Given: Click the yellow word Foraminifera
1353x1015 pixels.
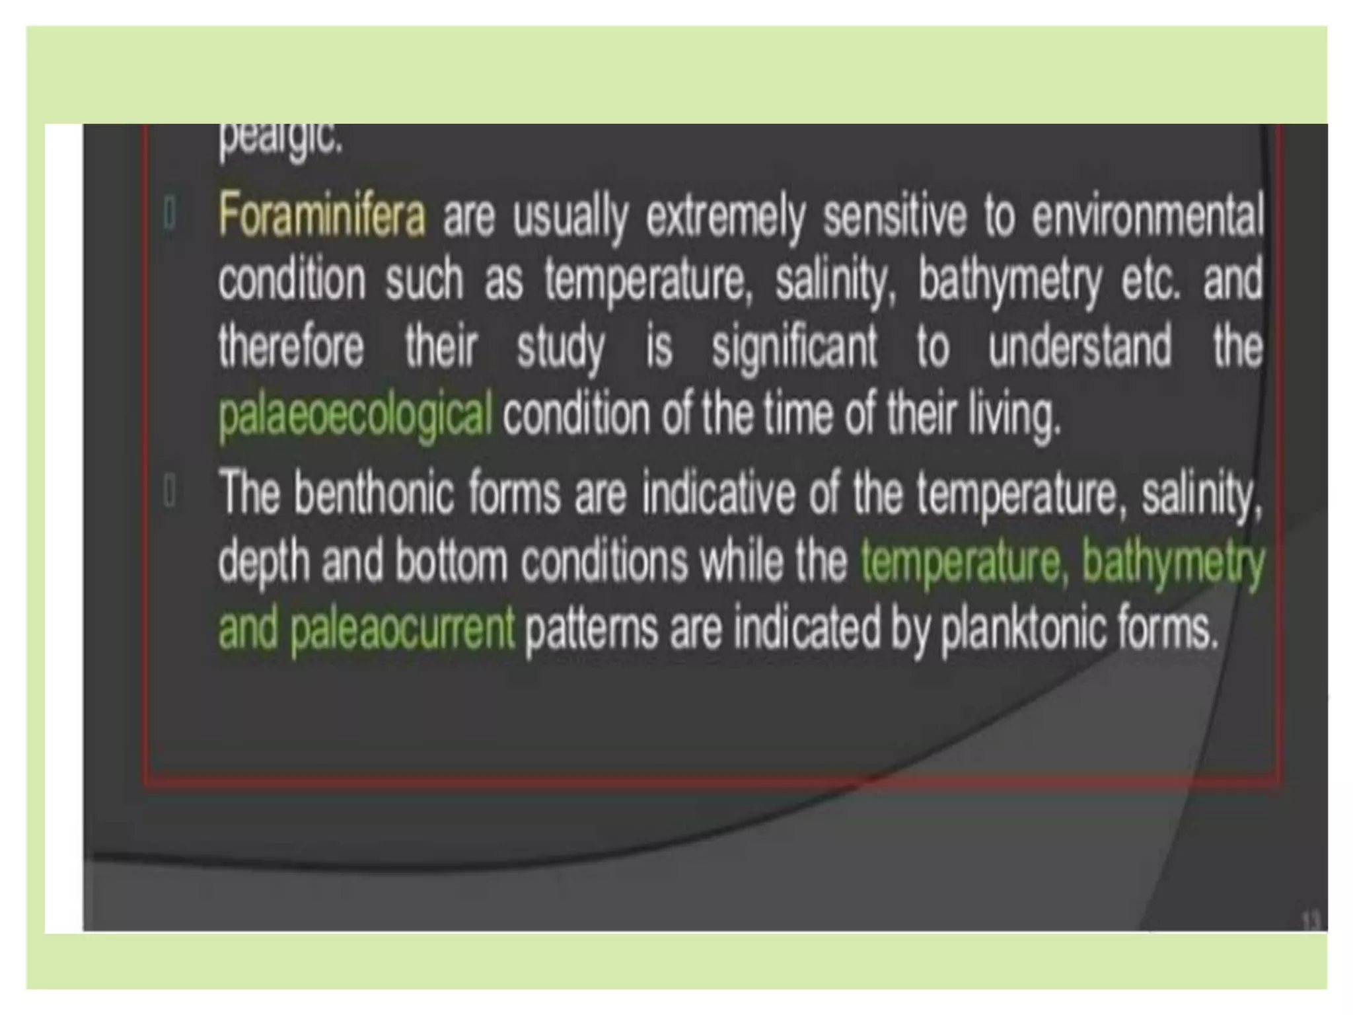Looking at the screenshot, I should point(322,214).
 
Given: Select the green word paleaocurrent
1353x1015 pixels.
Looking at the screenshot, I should point(402,627).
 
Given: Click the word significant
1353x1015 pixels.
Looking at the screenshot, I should point(794,346).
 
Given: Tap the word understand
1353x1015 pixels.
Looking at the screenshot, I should point(1079,346).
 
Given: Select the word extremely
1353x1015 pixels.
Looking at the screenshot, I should point(725,214).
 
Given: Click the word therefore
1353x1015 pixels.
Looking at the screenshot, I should point(291,346).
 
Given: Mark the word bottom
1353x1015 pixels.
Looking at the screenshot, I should point(451,561).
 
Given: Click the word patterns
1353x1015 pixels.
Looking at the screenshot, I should point(591,627).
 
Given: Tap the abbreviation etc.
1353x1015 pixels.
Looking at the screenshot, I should point(1150,280).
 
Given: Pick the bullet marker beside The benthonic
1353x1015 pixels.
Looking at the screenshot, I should point(170,491).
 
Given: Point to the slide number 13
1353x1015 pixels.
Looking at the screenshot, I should point(1311,921).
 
